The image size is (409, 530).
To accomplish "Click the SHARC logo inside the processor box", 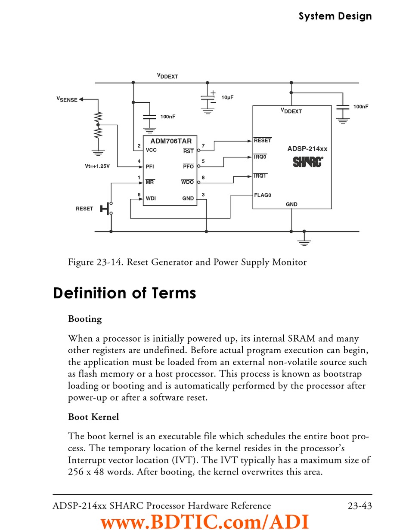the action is click(308, 162).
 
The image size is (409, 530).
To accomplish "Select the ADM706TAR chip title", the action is click(171, 141).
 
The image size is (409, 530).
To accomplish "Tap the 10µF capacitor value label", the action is click(227, 98).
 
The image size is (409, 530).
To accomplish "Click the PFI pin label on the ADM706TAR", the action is click(150, 166).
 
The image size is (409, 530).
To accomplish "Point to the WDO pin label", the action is click(187, 182).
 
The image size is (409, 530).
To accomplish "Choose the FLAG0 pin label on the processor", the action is click(263, 195).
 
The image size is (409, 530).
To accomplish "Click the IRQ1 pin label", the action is click(260, 176).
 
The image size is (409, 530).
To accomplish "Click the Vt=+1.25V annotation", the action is click(97, 166).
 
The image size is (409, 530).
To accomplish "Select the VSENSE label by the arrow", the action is click(67, 99).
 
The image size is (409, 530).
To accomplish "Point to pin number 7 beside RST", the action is click(203, 146).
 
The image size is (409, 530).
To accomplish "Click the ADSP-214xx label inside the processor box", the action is click(307, 149).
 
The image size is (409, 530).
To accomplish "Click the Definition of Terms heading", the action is click(125, 293).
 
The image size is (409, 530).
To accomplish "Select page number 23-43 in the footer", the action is click(360, 505).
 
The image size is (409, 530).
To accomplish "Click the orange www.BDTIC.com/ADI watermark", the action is click(205, 522).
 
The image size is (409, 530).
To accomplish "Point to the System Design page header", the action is click(335, 16).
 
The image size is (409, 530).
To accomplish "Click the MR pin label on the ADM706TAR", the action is click(150, 182).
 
